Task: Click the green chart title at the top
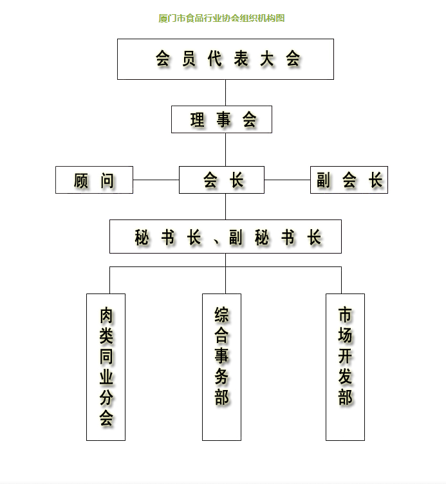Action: pyautogui.click(x=221, y=18)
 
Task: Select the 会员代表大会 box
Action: pyautogui.click(x=225, y=59)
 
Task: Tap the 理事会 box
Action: pyautogui.click(x=221, y=120)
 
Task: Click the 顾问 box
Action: pyautogui.click(x=94, y=180)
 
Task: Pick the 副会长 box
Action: pyautogui.click(x=349, y=180)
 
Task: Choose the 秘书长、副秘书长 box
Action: pyautogui.click(x=225, y=237)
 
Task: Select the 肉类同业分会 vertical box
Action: pyautogui.click(x=106, y=367)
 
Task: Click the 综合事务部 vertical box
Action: pyautogui.click(x=221, y=367)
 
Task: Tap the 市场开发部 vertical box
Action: pyautogui.click(x=345, y=367)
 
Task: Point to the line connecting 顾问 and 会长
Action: pyautogui.click(x=156, y=180)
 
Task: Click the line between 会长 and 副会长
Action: pyautogui.click(x=287, y=180)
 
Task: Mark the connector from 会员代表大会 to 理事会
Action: pyautogui.click(x=225, y=93)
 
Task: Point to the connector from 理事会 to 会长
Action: pyautogui.click(x=225, y=149)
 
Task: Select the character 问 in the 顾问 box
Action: pyautogui.click(x=107, y=180)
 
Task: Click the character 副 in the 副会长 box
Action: pyautogui.click(x=323, y=180)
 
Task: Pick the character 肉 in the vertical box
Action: pyautogui.click(x=106, y=315)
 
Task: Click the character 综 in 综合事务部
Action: pyautogui.click(x=222, y=315)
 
